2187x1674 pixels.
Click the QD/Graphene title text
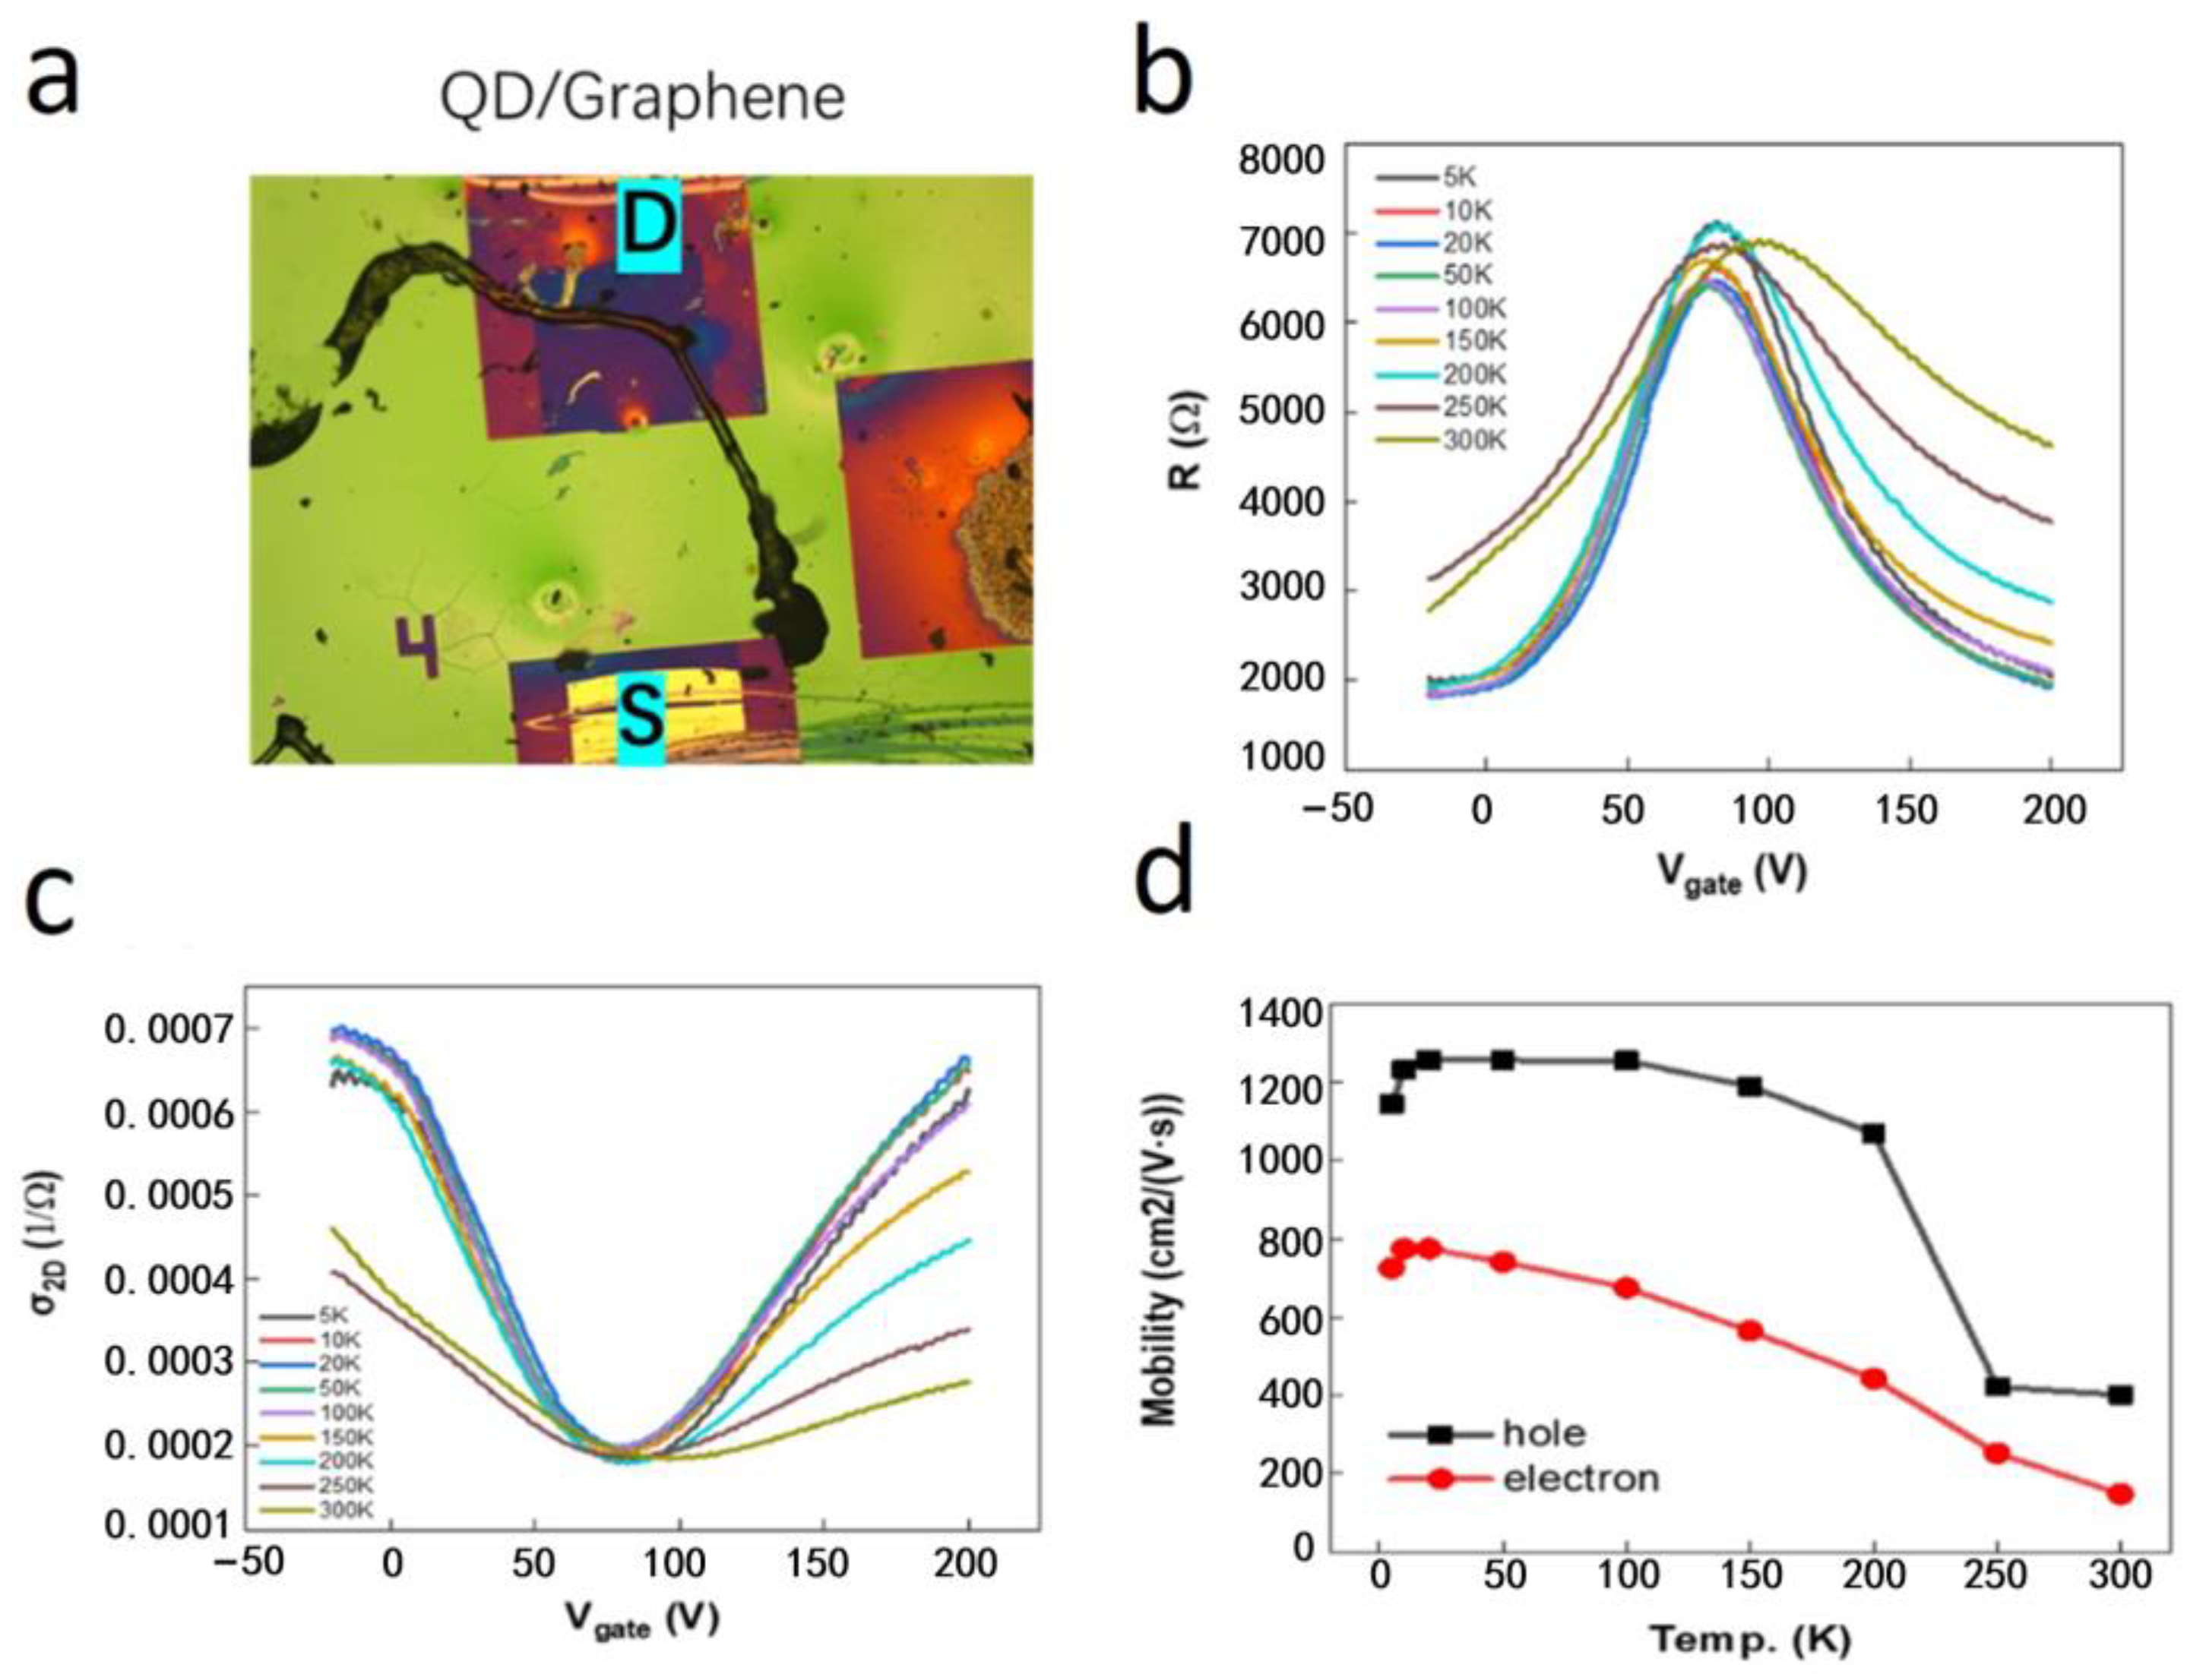[x=643, y=98]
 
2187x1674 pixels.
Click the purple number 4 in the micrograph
[x=418, y=646]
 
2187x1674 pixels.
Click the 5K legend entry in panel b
[x=1458, y=178]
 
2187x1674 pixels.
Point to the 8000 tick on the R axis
[x=1281, y=160]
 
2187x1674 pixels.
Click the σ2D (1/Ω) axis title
[x=46, y=1255]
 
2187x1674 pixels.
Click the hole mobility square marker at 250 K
[x=1996, y=1386]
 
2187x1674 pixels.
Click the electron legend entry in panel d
[x=1580, y=1479]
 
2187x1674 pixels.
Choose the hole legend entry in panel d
[x=1544, y=1433]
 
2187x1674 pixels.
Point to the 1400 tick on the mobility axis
[x=1281, y=1015]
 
